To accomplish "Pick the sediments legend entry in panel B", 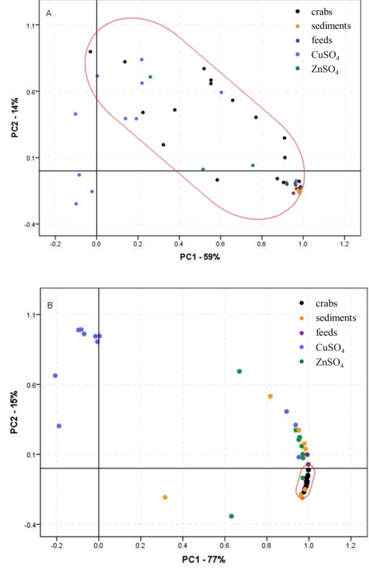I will point(326,318).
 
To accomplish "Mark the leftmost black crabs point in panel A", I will point(90,52).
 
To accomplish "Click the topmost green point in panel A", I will point(150,77).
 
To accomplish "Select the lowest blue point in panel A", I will point(76,204).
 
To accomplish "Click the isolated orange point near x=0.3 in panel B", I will point(165,497).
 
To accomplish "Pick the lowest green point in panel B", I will point(231,516).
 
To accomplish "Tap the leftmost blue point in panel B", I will point(55,375).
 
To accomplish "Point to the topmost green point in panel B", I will point(239,371).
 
